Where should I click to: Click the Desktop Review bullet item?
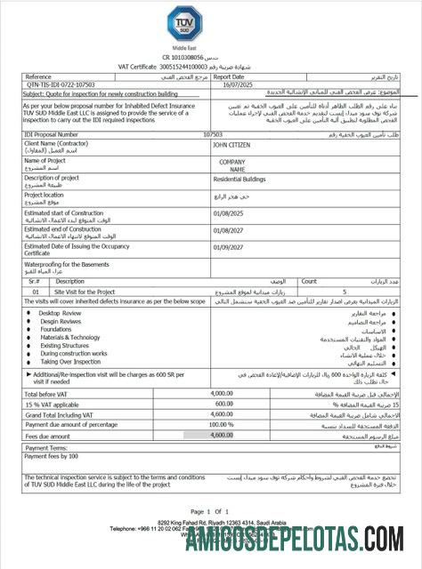pos(61,313)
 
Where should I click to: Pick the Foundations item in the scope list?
pos(58,329)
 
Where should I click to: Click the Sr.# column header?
pos(35,280)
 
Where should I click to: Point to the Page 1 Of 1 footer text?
pos(210,511)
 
